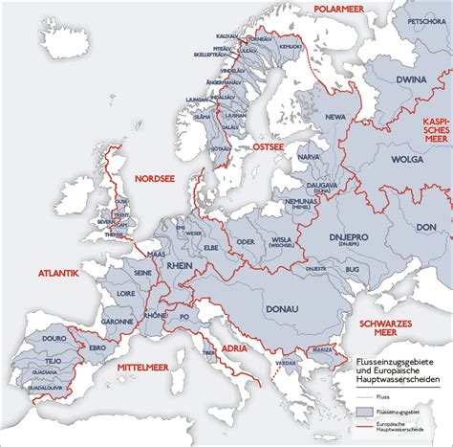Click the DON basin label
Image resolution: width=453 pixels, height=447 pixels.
point(426,227)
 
